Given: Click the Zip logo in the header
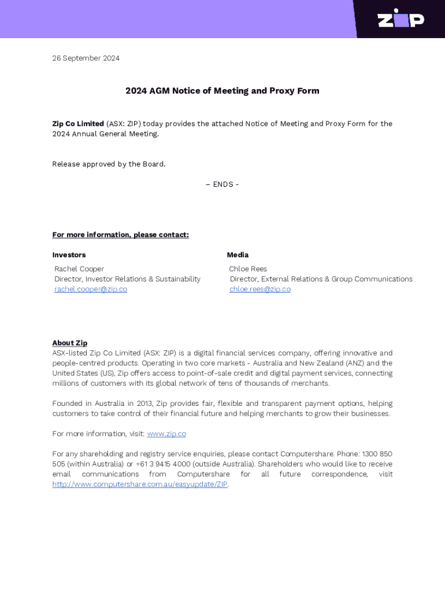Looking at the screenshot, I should pos(400,18).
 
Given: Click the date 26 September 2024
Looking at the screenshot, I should pos(86,58).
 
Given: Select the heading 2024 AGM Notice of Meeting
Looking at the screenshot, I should pos(222,91).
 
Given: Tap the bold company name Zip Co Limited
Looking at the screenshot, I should pos(78,124).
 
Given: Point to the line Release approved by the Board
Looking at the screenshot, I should pos(109,164).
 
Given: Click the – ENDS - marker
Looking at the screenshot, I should pos(222,184).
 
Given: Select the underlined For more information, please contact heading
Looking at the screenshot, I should pos(120,235).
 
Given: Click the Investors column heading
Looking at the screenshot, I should pos(69,255).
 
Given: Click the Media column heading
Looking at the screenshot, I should pos(238,255).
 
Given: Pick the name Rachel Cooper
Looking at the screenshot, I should pos(79,269).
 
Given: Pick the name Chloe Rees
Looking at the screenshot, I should pos(248,269).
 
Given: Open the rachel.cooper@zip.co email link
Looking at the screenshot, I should pos(91,289).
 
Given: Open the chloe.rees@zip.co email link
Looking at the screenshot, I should pos(260,289).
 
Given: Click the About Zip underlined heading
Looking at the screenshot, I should pos(70,343).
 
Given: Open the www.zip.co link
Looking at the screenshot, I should pos(166,434).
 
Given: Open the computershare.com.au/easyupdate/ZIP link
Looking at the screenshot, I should pos(140,484).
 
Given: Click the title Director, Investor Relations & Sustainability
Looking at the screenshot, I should pos(127,279).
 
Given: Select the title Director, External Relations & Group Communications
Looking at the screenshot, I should pos(321,279).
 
